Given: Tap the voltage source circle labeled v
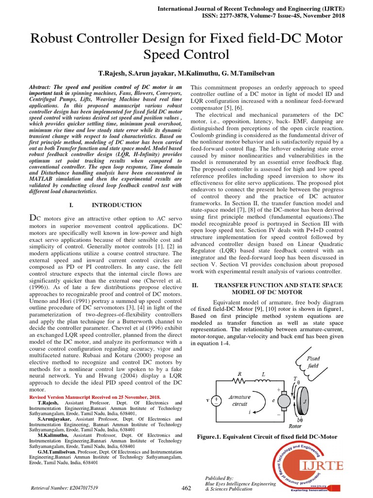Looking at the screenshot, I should pos(217,400).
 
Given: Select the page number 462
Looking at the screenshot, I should pos(186,487).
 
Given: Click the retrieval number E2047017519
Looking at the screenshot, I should pos(78,487).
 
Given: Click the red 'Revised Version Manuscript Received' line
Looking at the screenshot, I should pos(95,397).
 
